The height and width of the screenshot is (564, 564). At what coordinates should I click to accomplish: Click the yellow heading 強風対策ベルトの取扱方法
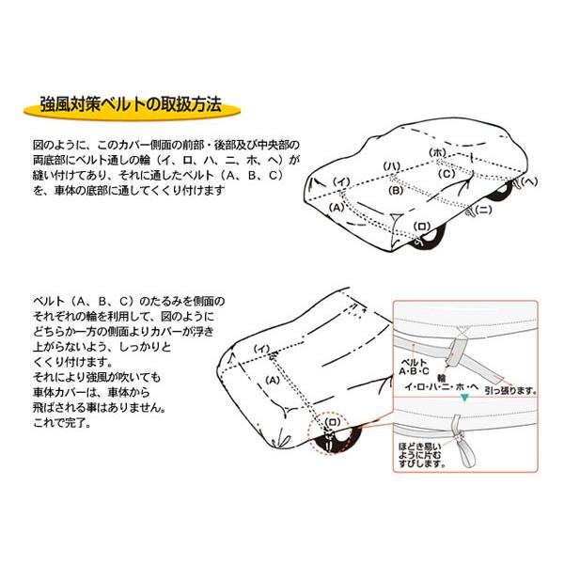(131, 105)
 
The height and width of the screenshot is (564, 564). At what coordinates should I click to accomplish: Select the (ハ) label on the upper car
(392, 166)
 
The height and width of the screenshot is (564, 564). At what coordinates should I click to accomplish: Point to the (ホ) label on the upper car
(438, 152)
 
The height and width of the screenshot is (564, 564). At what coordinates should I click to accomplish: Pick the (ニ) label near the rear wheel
(483, 210)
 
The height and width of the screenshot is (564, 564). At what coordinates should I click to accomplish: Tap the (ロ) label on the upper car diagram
(422, 227)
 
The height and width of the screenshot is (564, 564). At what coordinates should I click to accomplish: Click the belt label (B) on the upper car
(396, 190)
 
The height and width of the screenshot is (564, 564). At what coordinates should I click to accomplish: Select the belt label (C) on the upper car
(446, 174)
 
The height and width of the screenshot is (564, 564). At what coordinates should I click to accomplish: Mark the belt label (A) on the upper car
(337, 208)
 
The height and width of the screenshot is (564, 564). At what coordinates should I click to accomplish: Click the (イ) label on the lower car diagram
(261, 349)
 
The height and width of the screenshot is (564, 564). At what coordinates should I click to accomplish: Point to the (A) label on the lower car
(273, 380)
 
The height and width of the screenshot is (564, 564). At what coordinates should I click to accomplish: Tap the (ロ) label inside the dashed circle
(332, 422)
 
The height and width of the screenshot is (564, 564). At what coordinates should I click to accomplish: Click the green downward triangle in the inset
(465, 398)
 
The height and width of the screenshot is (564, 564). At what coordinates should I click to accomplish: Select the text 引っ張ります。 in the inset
(510, 390)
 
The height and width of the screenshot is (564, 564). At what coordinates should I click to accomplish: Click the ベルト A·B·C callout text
(414, 367)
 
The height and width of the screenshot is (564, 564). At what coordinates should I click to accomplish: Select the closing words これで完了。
(62, 423)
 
